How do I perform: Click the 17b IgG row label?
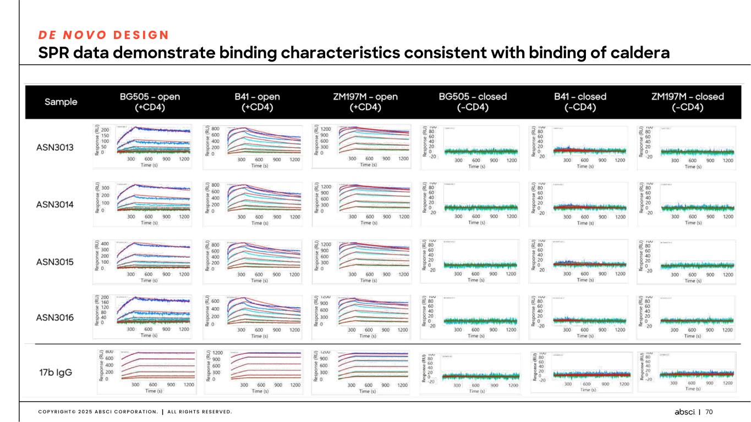coord(56,372)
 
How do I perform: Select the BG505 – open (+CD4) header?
coord(150,102)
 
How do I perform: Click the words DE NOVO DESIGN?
coord(103,34)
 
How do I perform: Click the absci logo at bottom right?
coord(686,412)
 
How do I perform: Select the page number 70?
coord(709,412)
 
